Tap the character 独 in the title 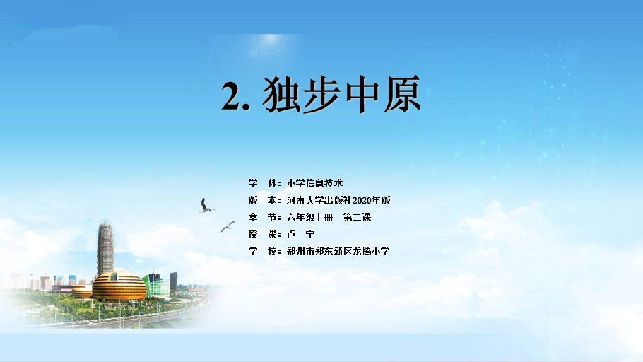point(281,95)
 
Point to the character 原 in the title point(402,95)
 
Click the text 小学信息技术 point(314,183)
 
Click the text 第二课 point(357,217)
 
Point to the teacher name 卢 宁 point(300,234)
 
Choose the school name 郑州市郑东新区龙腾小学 point(338,251)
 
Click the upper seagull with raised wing point(206,206)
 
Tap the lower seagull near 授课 point(228,226)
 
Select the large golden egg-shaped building point(119,286)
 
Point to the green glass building point(156,284)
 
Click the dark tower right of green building point(173,282)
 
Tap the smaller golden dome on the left point(82,291)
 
